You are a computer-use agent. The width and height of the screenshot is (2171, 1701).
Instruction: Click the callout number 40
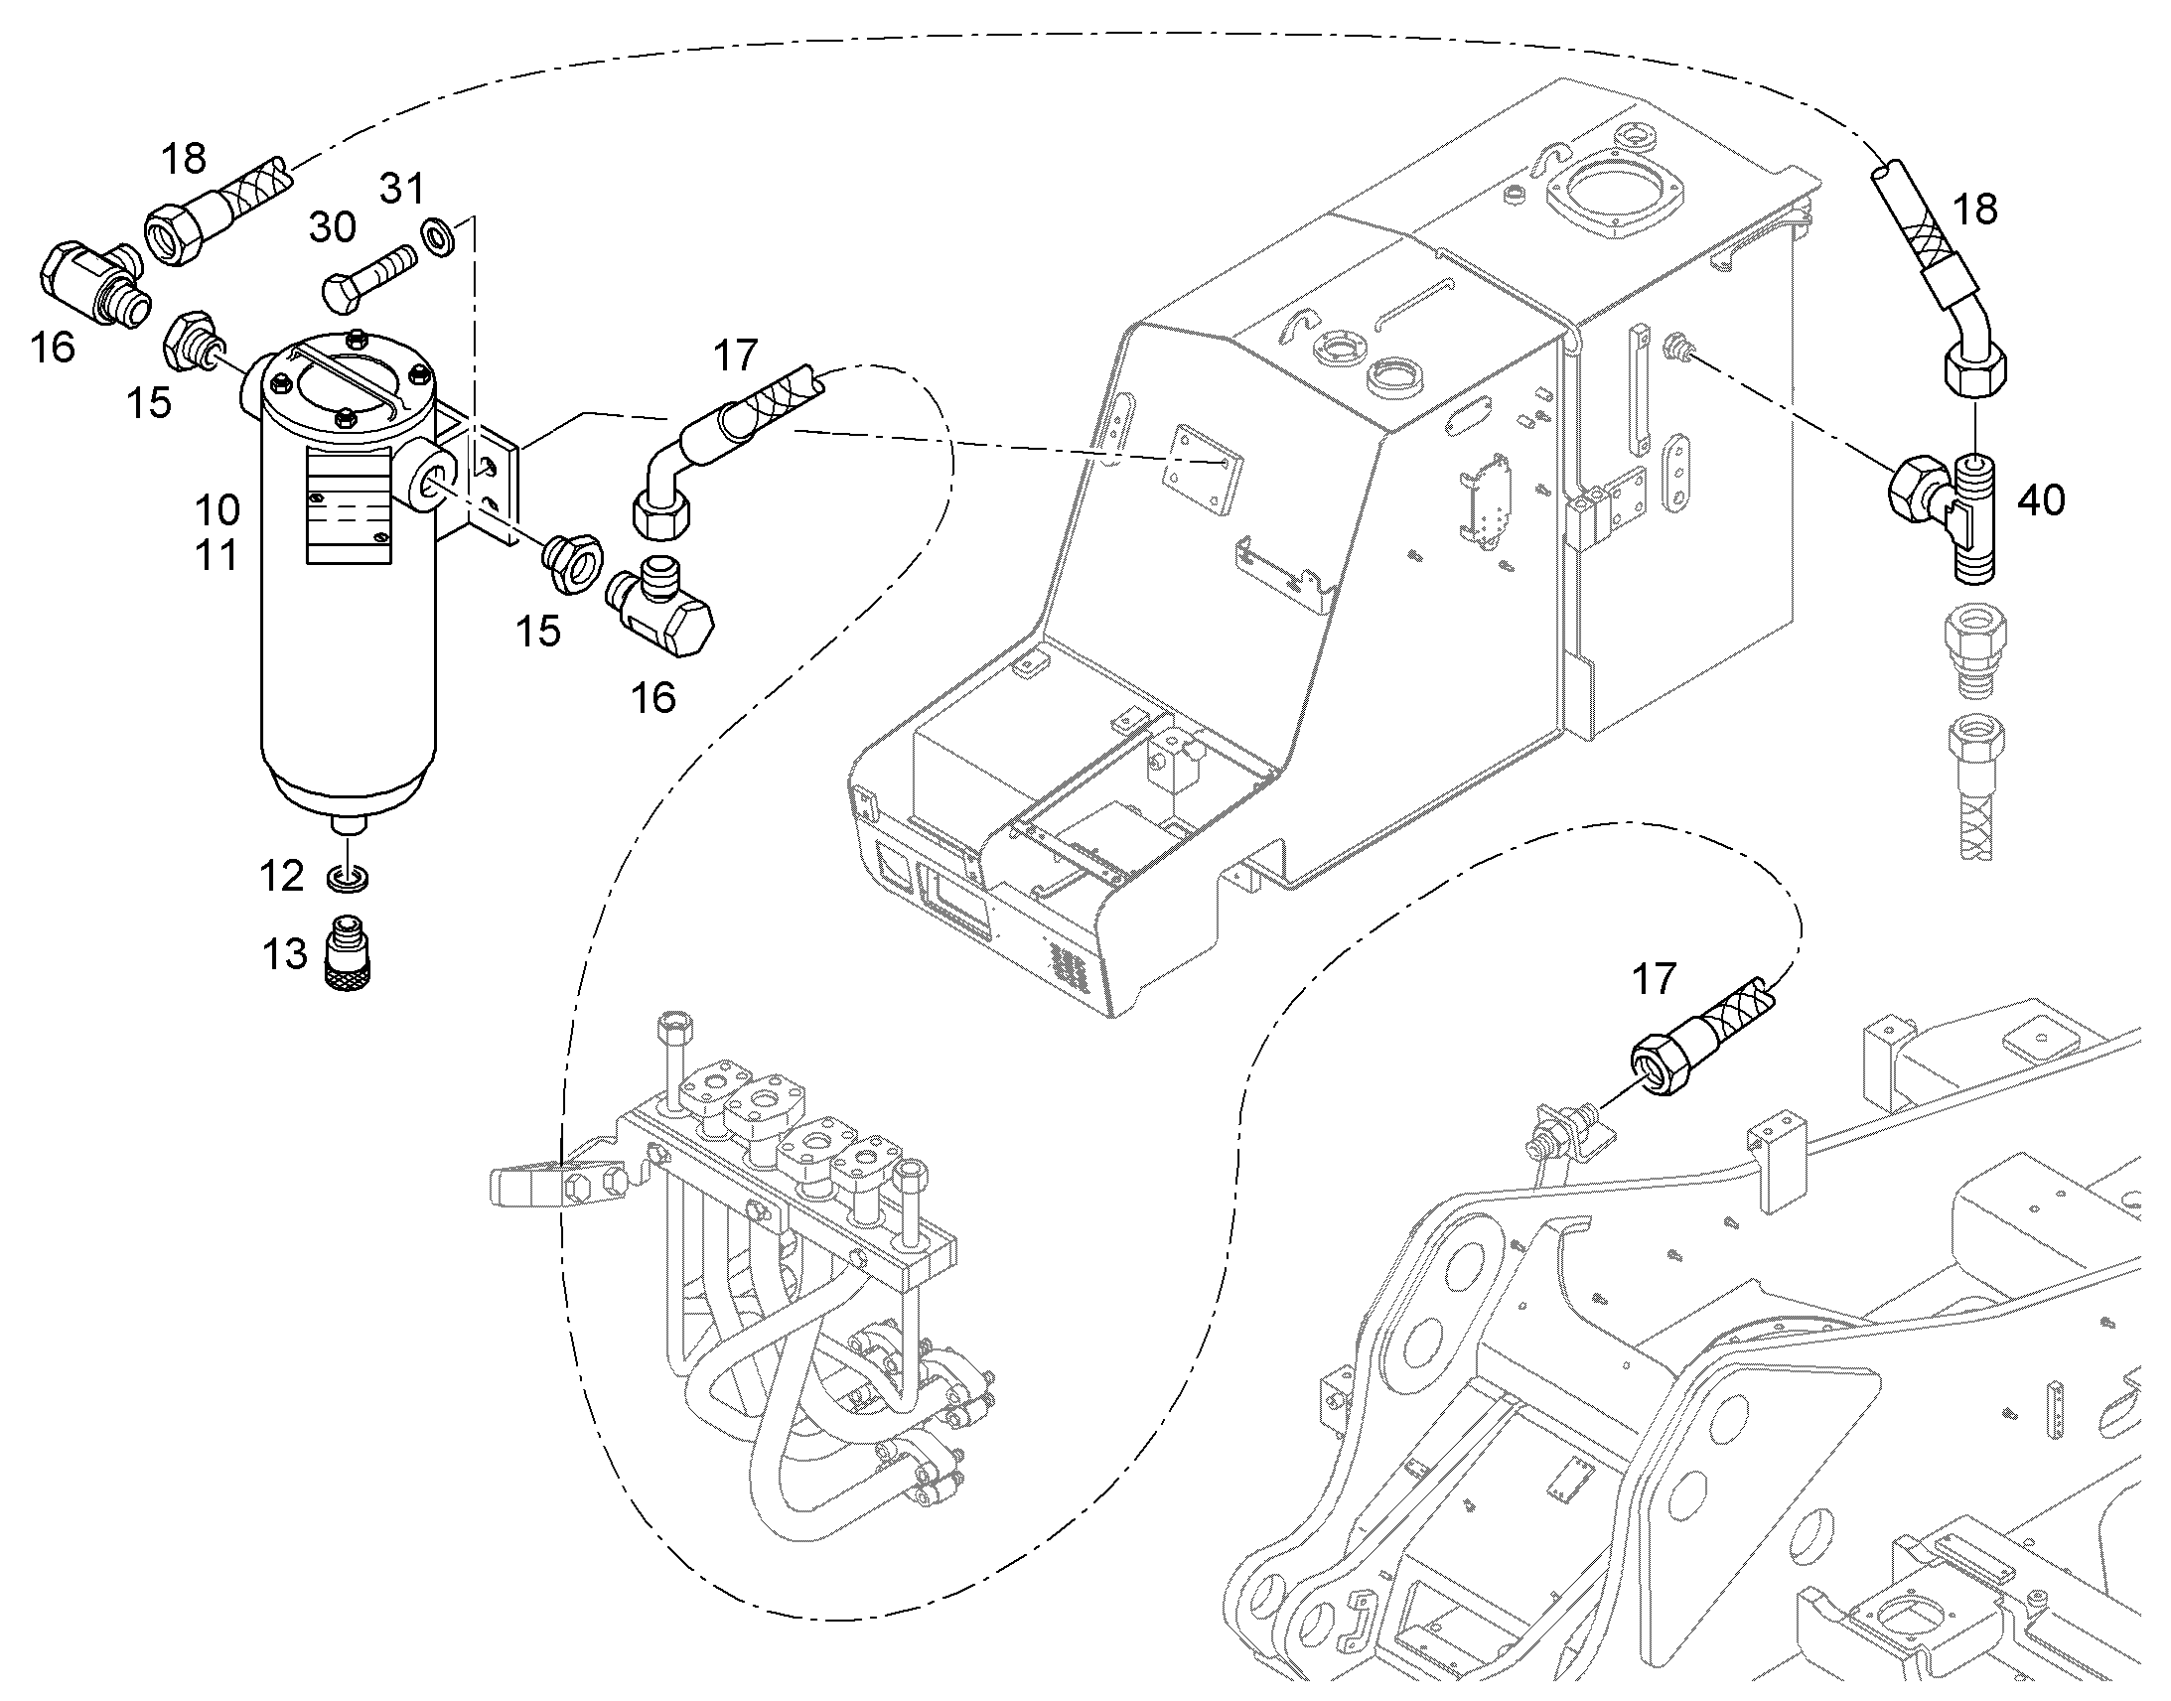pyautogui.click(x=2041, y=499)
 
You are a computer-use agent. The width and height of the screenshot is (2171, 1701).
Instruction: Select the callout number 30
pyautogui.click(x=333, y=227)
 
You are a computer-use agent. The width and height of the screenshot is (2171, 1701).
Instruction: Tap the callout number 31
pyautogui.click(x=402, y=189)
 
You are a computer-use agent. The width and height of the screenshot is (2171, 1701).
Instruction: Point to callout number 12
pyautogui.click(x=281, y=877)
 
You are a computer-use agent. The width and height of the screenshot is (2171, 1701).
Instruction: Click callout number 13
pyautogui.click(x=285, y=954)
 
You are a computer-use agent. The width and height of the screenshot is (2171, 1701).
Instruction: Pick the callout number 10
pyautogui.click(x=217, y=509)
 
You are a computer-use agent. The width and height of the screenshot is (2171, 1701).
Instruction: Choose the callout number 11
pyautogui.click(x=217, y=555)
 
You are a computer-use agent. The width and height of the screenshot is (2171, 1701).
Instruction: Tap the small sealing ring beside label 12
pyautogui.click(x=349, y=879)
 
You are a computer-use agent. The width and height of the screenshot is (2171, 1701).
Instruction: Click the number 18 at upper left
pyautogui.click(x=184, y=158)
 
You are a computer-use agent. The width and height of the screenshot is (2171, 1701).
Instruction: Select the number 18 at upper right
pyautogui.click(x=1974, y=210)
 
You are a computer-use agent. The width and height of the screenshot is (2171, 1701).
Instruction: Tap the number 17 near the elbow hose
pyautogui.click(x=736, y=355)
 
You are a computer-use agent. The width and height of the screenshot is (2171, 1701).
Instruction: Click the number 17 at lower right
pyautogui.click(x=1655, y=979)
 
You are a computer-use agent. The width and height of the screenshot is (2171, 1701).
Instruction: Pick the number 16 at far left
pyautogui.click(x=52, y=348)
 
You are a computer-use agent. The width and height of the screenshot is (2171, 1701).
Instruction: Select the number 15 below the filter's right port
pyautogui.click(x=537, y=631)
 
